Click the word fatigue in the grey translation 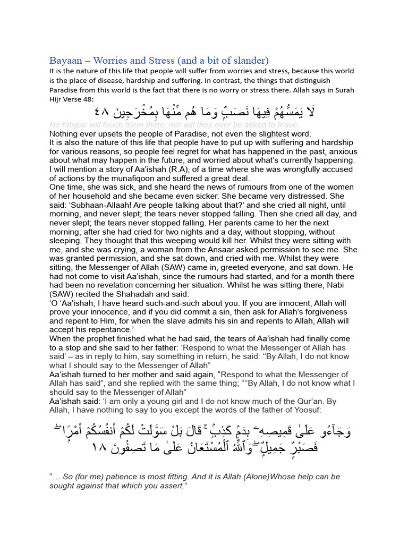pos(70,125)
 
